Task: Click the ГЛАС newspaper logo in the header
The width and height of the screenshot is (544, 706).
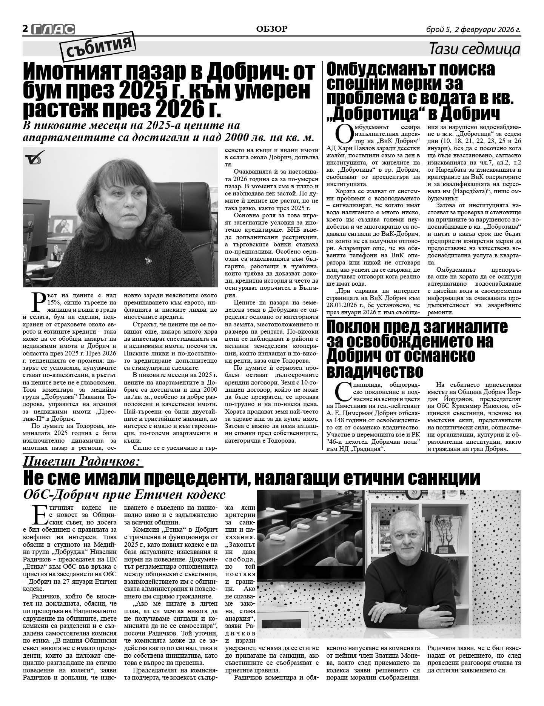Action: pyautogui.click(x=53, y=29)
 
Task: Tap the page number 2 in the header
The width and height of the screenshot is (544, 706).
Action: pyautogui.click(x=25, y=29)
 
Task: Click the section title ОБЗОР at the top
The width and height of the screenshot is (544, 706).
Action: pyautogui.click(x=271, y=29)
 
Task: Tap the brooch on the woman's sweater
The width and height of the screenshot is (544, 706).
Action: pyautogui.click(x=147, y=260)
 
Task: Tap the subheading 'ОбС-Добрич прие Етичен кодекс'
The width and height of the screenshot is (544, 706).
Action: pyautogui.click(x=124, y=494)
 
